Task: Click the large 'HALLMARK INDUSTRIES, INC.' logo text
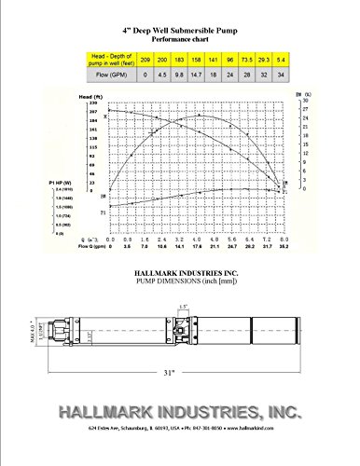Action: pos(179,412)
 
